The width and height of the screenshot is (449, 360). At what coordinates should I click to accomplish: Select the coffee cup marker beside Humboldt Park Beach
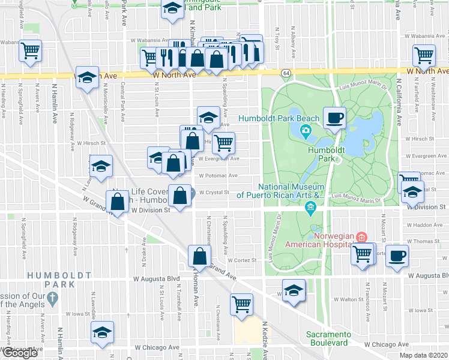click(x=335, y=116)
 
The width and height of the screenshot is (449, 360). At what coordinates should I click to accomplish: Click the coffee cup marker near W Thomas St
click(x=396, y=256)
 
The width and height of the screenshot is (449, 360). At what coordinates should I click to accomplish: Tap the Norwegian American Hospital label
click(x=318, y=239)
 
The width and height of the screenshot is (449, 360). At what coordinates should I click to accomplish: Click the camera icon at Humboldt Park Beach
click(x=306, y=131)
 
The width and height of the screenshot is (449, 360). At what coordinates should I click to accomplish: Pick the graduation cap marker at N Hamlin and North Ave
click(x=88, y=79)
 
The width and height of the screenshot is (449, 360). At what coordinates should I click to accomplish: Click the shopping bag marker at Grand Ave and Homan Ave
click(x=199, y=256)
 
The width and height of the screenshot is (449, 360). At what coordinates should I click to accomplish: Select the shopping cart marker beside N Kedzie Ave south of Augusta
click(x=241, y=304)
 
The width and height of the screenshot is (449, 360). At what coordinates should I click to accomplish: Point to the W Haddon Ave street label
click(x=429, y=225)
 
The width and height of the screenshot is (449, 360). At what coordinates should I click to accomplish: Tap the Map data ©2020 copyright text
click(x=423, y=355)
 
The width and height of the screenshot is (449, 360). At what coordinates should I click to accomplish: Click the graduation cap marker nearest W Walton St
click(x=294, y=291)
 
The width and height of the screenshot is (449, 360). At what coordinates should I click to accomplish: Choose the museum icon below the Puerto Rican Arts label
click(x=310, y=208)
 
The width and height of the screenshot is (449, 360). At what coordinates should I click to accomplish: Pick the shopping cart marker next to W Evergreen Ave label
click(x=223, y=142)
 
